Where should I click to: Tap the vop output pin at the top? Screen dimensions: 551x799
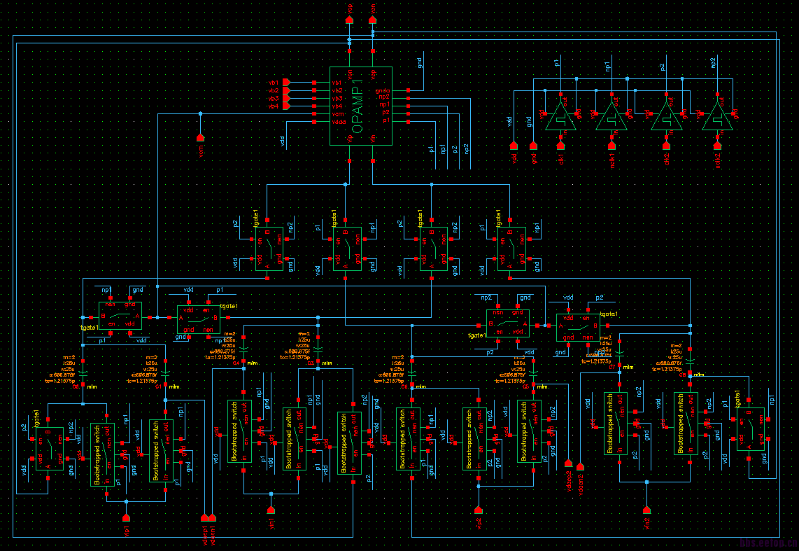pos(350,20)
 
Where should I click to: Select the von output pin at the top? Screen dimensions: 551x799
pos(372,20)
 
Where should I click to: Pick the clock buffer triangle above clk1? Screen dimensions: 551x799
pos(560,118)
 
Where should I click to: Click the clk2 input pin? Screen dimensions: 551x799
pos(667,146)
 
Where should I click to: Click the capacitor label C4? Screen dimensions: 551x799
pos(236,363)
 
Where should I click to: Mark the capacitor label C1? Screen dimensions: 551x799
pos(158,386)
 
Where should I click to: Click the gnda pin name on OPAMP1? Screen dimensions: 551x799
pos(382,91)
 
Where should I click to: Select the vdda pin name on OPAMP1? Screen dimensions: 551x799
pos(339,122)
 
